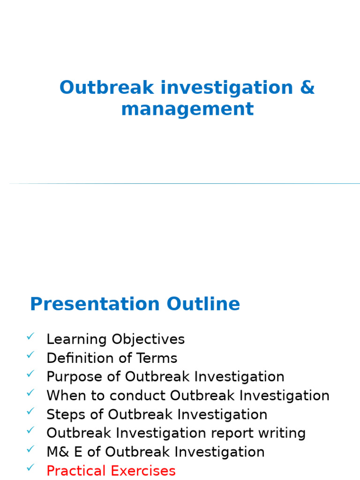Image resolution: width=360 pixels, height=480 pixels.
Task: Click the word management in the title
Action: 187,109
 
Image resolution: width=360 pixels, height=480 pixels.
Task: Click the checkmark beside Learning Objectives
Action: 30,336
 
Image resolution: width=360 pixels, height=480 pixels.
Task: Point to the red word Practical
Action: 76,471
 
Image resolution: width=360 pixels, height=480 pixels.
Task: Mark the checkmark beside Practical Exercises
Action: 30,467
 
